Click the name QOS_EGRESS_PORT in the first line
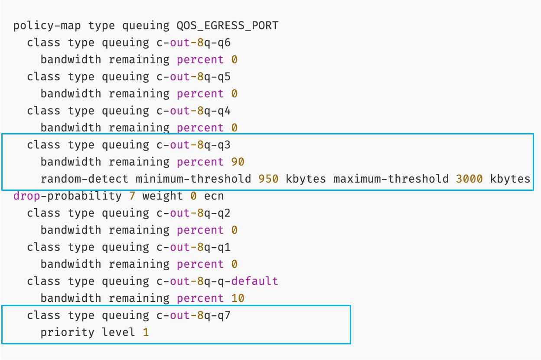(227, 26)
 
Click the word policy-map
(47, 26)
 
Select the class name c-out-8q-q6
(193, 43)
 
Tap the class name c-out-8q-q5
(193, 77)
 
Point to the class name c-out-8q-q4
(193, 111)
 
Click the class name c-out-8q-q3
(193, 145)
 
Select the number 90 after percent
(238, 162)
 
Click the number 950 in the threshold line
(268, 179)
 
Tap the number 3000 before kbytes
(469, 179)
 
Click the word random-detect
(85, 179)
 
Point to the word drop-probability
(68, 196)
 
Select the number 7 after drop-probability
(132, 196)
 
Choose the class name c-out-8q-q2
(193, 213)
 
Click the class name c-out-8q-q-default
(217, 281)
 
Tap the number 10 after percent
(238, 298)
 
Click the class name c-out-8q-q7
(193, 315)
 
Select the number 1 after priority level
(146, 333)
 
